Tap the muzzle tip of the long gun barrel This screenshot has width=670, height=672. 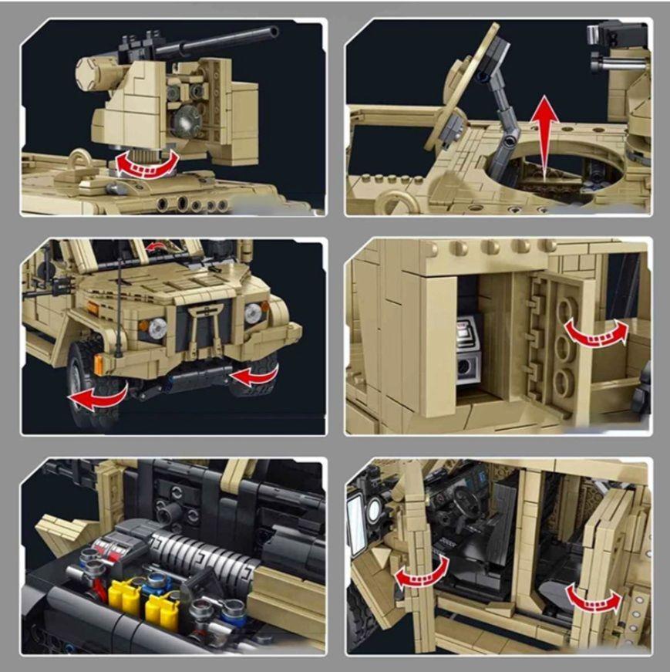point(274,32)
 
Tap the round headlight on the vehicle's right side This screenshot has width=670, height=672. point(252,312)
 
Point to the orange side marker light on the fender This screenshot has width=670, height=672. point(99,363)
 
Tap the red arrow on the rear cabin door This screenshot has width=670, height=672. point(593,599)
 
